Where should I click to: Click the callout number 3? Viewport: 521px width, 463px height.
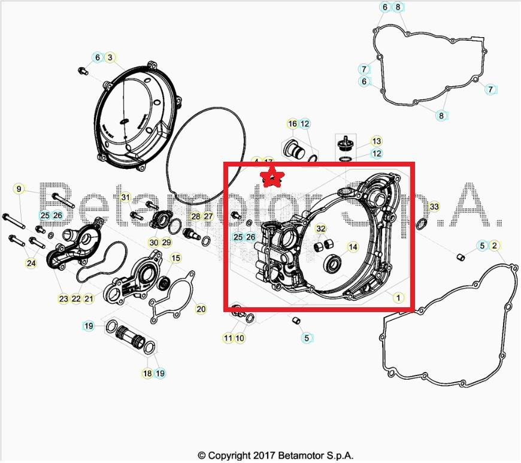coord(110,58)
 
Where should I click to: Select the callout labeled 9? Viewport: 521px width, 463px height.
coord(19,189)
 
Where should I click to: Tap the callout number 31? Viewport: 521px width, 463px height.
coord(125,197)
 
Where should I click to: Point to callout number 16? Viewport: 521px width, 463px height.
coord(292,124)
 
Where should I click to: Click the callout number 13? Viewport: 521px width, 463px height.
coord(376,141)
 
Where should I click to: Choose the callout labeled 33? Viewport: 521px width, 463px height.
coord(434,207)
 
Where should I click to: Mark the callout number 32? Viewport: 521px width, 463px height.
coord(321,229)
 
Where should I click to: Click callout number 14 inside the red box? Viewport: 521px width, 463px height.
coord(353,247)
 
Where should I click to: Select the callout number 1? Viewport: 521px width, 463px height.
coord(397,296)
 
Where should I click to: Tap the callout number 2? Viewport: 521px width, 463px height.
coord(494,246)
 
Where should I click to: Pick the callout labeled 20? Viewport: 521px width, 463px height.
coord(201,309)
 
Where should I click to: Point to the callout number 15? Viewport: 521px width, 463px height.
coord(175,258)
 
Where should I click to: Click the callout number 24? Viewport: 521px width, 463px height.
coord(31,263)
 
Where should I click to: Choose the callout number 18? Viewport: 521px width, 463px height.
coord(147,373)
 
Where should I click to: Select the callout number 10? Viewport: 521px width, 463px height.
coord(240,338)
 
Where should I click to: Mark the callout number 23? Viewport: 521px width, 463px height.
coord(63,298)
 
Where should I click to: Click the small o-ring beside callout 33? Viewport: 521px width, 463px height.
coord(421,224)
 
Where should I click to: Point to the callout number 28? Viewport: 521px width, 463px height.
coord(196,216)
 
